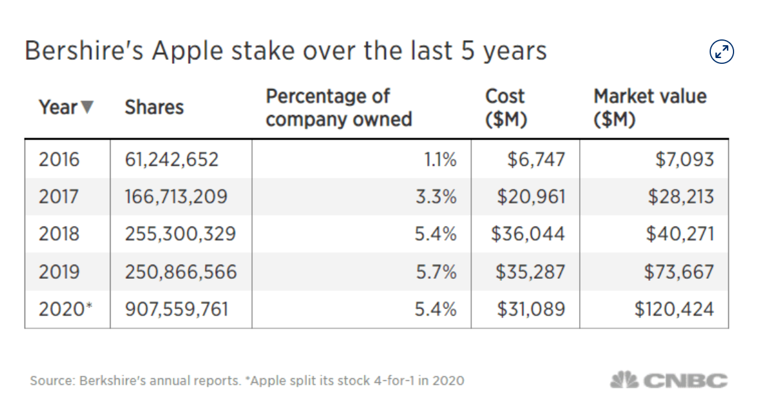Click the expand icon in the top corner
721,52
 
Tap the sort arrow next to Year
87,107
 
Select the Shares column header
154,107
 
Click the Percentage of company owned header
339,108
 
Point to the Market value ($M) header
650,108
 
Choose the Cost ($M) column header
506,108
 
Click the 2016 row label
59,159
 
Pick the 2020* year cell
65,309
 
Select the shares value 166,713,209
176,196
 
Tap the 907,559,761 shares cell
176,309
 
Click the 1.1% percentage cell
440,159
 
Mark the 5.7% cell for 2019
436,272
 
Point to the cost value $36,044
528,234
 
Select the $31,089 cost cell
531,309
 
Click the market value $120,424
674,309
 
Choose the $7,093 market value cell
684,159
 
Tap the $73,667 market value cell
679,272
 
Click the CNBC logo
669,380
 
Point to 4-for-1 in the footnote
394,381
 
